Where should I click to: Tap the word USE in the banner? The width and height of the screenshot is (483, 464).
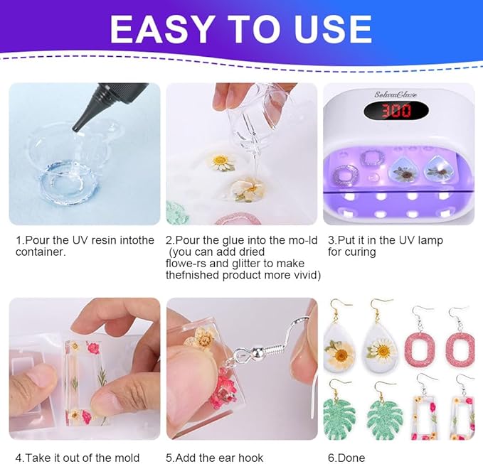coord(329,29)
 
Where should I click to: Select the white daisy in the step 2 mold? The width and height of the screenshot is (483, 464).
coord(221,161)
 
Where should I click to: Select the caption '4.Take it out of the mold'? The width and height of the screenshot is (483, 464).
coord(78,457)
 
